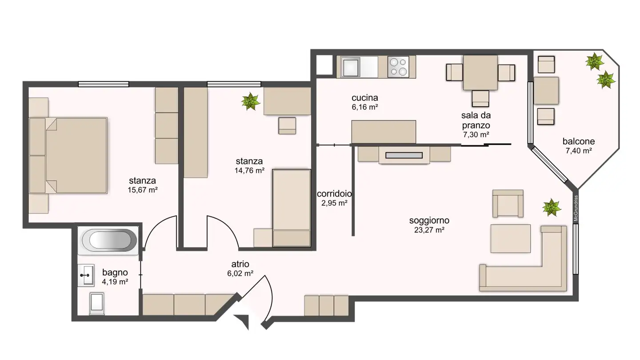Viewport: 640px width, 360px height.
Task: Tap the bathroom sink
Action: tap(86, 276)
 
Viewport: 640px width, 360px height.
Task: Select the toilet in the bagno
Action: tap(97, 304)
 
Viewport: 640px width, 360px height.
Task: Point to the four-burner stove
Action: tap(398, 67)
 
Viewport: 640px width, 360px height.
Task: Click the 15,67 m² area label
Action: tap(142, 190)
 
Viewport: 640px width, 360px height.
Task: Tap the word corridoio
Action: tap(334, 194)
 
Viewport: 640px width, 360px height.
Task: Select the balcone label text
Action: tap(578, 141)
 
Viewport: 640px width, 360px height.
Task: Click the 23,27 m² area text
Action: tap(429, 230)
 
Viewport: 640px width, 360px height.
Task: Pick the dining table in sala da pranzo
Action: tap(480, 72)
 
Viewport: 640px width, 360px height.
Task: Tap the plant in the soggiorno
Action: tap(552, 208)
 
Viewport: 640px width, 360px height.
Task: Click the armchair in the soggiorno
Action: tap(508, 204)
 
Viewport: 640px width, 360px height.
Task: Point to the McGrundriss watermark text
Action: tap(576, 208)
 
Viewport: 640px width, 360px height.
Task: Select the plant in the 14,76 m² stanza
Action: tap(251, 101)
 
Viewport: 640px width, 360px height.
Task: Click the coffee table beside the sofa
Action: tap(510, 239)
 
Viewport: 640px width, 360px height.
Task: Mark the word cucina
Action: tap(364, 97)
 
